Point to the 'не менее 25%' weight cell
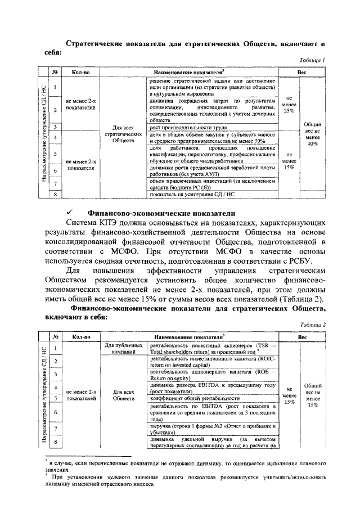click(x=289, y=103)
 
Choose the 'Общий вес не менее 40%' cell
click(x=312, y=134)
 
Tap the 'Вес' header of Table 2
click(x=302, y=337)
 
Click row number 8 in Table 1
click(x=55, y=195)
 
